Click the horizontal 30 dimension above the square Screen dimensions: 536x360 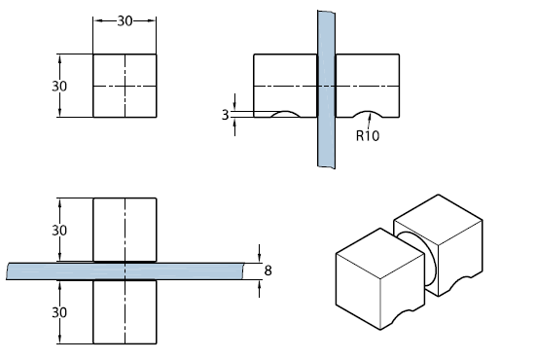click(x=125, y=21)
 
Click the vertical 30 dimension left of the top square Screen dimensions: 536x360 click(x=59, y=87)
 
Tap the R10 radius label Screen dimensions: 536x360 click(x=368, y=136)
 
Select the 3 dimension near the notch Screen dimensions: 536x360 click(x=225, y=115)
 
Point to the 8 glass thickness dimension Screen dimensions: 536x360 click(x=268, y=270)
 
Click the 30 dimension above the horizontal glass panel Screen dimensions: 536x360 click(x=59, y=231)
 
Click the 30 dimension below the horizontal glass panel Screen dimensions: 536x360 click(x=59, y=312)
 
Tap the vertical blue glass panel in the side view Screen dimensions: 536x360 click(x=326, y=90)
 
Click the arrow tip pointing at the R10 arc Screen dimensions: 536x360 click(x=371, y=114)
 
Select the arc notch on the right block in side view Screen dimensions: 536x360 click(x=368, y=112)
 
